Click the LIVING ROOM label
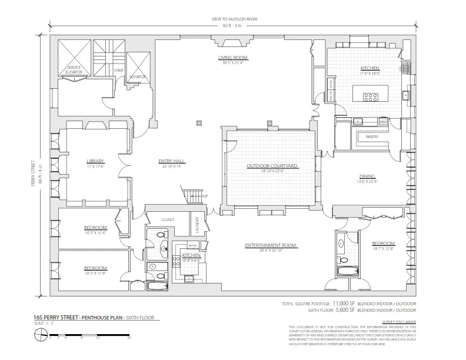click(x=233, y=58)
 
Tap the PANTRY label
click(x=372, y=136)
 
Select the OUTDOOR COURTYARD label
click(x=272, y=166)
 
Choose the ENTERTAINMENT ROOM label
click(x=272, y=245)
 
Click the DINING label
click(x=368, y=177)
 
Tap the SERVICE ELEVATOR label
click(x=74, y=69)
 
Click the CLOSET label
click(x=168, y=219)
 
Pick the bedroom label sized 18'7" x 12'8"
click(x=383, y=244)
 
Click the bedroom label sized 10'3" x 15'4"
click(x=95, y=228)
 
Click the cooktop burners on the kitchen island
click(x=371, y=98)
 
